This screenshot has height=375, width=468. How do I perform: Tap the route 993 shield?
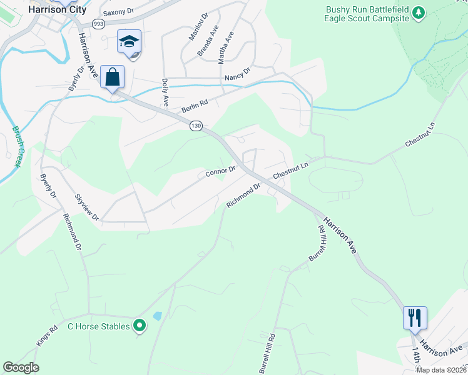(x=98, y=24)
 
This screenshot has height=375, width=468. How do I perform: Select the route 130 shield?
(x=196, y=126)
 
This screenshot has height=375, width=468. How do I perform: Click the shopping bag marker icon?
(x=113, y=77)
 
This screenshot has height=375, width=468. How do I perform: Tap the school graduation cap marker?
(x=130, y=42)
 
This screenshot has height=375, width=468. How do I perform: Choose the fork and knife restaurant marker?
(x=415, y=317)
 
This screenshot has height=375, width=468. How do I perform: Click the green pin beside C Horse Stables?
(x=140, y=326)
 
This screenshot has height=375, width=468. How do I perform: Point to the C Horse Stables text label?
(x=98, y=326)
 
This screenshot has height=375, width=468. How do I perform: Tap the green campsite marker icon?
(x=420, y=12)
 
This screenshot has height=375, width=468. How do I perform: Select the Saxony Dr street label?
(x=119, y=11)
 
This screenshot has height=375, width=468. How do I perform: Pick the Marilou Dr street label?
(x=196, y=27)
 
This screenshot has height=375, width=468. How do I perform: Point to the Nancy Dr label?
(x=237, y=74)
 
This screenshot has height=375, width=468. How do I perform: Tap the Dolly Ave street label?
(x=165, y=91)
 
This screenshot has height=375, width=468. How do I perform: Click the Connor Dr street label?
(x=220, y=170)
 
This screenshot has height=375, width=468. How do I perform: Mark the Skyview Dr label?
(x=86, y=207)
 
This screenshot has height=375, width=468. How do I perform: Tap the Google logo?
(x=21, y=367)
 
